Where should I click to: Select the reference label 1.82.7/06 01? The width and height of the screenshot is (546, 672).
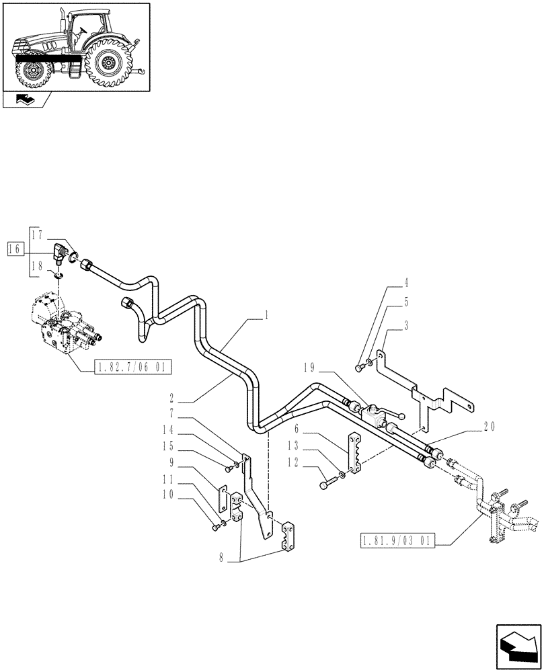(125, 367)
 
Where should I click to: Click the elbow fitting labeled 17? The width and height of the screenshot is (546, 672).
(63, 254)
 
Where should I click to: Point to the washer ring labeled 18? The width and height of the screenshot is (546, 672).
(58, 275)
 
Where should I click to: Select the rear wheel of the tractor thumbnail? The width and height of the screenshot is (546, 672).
(108, 62)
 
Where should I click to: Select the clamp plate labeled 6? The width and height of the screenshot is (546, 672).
(354, 450)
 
